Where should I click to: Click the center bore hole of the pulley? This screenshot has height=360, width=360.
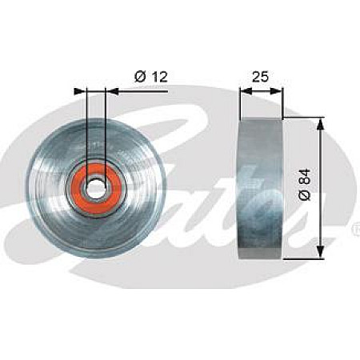(x=95, y=186)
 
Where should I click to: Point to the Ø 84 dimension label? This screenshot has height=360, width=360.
(x=305, y=185)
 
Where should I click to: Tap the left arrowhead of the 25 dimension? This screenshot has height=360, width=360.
(x=242, y=91)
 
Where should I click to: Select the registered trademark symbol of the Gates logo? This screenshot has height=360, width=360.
(x=355, y=230)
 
